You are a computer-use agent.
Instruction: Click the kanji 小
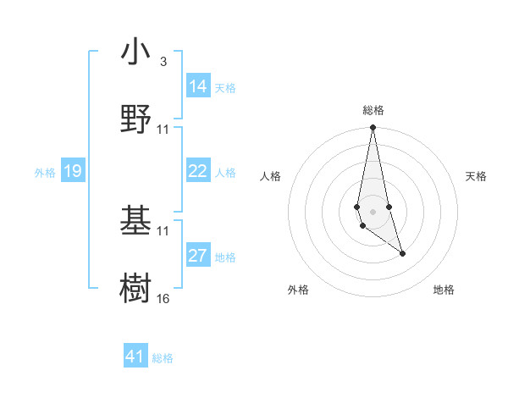(136, 52)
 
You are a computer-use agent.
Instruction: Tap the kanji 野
(136, 118)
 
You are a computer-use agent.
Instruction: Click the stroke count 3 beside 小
(163, 62)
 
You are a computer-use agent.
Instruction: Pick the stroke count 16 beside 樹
(163, 298)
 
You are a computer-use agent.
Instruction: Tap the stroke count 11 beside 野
(163, 129)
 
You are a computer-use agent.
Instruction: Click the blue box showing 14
(198, 86)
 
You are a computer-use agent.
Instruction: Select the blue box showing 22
(198, 171)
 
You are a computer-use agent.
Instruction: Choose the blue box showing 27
(198, 256)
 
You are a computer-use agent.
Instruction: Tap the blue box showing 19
(73, 171)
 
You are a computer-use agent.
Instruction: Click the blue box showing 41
(135, 357)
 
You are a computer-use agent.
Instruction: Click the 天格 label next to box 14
(225, 88)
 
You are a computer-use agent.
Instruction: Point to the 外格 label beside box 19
(45, 173)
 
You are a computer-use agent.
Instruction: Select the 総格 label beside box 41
(163, 358)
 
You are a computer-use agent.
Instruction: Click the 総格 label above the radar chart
(373, 110)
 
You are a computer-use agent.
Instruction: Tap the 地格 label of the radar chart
(444, 290)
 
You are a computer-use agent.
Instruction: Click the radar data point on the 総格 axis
(373, 128)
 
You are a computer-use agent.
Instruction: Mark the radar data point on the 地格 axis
(402, 253)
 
